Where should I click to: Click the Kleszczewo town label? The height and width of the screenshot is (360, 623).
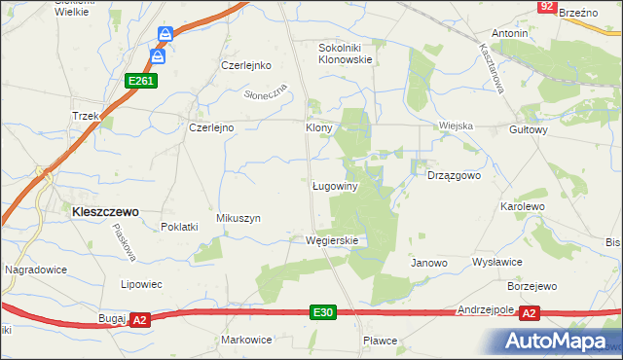coord(100,210)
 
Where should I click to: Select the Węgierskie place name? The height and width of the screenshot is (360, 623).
coord(332,240)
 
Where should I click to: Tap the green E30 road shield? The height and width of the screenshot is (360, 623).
coord(324,312)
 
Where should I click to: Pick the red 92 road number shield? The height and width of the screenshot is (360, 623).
coord(547,7)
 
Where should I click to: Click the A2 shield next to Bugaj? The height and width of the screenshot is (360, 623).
coord(139,319)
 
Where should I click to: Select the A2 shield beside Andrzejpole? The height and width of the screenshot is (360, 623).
coord(530,313)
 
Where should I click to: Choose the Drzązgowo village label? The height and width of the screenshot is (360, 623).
coord(455,176)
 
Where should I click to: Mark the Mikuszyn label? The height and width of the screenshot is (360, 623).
coord(238,219)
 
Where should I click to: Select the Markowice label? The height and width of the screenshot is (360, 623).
coord(245,340)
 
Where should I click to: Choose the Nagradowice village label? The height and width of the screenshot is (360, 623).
coord(36,268)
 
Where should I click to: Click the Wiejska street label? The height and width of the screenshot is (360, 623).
coord(456,126)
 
